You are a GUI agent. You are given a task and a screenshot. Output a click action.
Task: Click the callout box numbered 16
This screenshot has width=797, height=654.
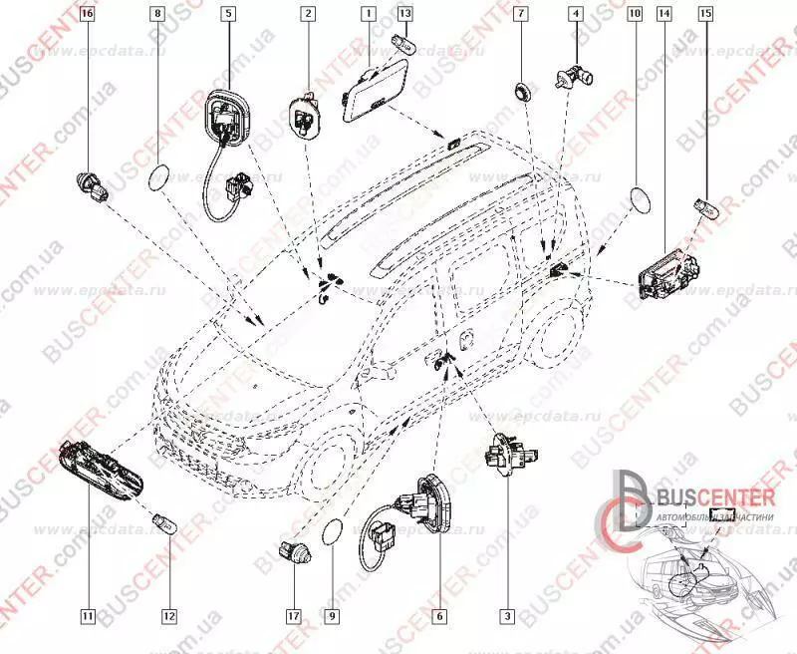click(87, 14)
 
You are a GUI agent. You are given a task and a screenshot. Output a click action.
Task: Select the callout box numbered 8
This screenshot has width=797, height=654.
click(157, 14)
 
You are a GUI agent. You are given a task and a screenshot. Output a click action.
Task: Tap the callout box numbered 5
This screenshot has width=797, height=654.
click(228, 14)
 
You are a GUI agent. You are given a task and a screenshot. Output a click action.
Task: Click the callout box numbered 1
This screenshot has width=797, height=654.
click(368, 14)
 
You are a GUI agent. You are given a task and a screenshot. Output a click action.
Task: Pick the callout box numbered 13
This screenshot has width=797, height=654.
click(404, 14)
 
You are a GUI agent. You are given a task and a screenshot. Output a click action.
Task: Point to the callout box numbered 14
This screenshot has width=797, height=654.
click(664, 14)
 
